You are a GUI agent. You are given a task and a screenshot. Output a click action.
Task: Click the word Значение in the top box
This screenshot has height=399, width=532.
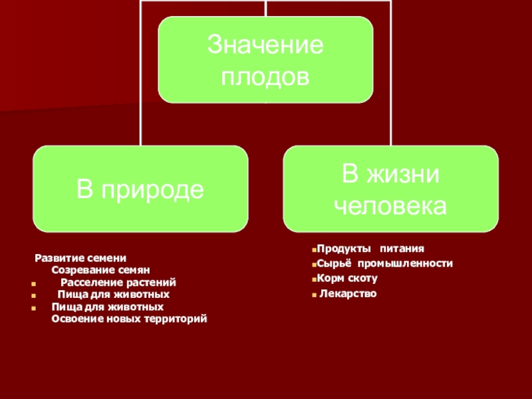[x=265, y=47]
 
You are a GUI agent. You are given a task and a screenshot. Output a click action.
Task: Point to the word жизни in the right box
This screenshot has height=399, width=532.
[x=406, y=175]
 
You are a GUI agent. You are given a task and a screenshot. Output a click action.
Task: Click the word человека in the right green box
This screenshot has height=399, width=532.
[x=390, y=205]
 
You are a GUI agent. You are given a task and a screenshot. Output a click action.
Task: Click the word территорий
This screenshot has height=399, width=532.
[x=173, y=319]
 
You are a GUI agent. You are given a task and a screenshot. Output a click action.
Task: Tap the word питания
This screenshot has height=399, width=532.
[x=402, y=250]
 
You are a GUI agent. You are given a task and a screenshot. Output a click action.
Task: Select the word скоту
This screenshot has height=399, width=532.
[x=362, y=277]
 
